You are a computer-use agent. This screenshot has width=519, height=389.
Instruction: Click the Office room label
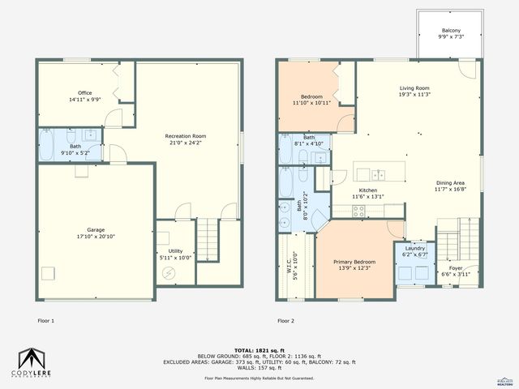pos(84,92)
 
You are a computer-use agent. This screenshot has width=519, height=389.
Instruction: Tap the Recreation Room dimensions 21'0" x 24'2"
pos(186,143)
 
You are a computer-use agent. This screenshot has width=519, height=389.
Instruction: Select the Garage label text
pos(96,229)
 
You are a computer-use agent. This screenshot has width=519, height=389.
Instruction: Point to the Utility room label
pos(175,250)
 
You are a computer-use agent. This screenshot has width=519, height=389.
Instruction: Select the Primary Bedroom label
pos(354,262)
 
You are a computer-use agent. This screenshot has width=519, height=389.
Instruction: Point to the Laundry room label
pos(414,249)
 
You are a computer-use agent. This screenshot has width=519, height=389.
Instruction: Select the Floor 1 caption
pos(47,321)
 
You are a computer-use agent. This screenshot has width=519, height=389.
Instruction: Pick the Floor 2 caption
pos(285,321)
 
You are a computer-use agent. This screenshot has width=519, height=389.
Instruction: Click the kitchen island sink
pos(379,173)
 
